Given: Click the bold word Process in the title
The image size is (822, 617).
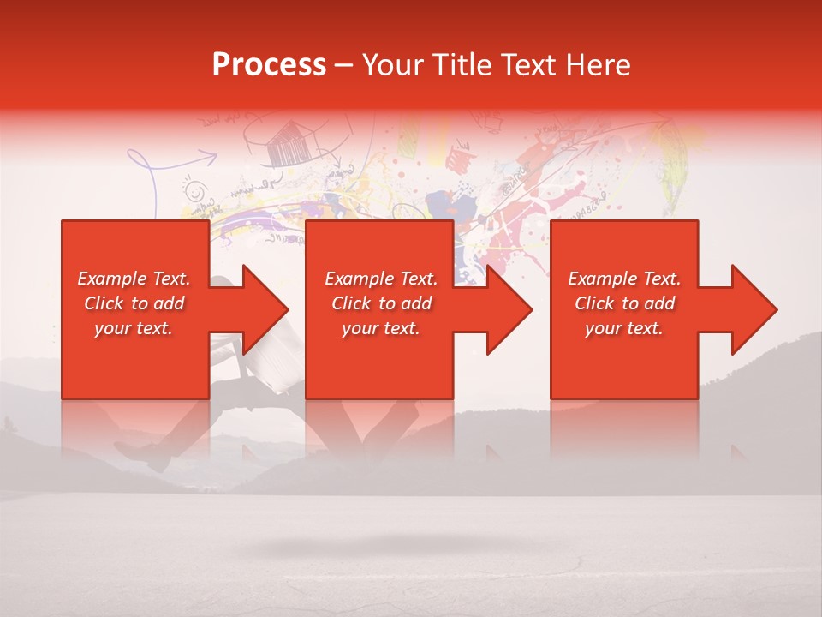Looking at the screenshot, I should click(x=269, y=65).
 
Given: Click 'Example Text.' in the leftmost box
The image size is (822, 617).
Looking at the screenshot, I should click(x=134, y=279).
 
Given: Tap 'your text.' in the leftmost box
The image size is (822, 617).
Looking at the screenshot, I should click(x=134, y=328).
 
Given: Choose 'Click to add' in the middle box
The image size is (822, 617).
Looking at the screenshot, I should click(x=381, y=303).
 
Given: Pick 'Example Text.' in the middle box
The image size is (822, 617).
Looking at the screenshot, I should click(x=381, y=279).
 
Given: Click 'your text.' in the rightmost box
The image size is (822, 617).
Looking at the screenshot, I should click(x=624, y=328).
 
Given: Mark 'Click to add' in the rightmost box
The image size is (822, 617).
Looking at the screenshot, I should click(x=624, y=303).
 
